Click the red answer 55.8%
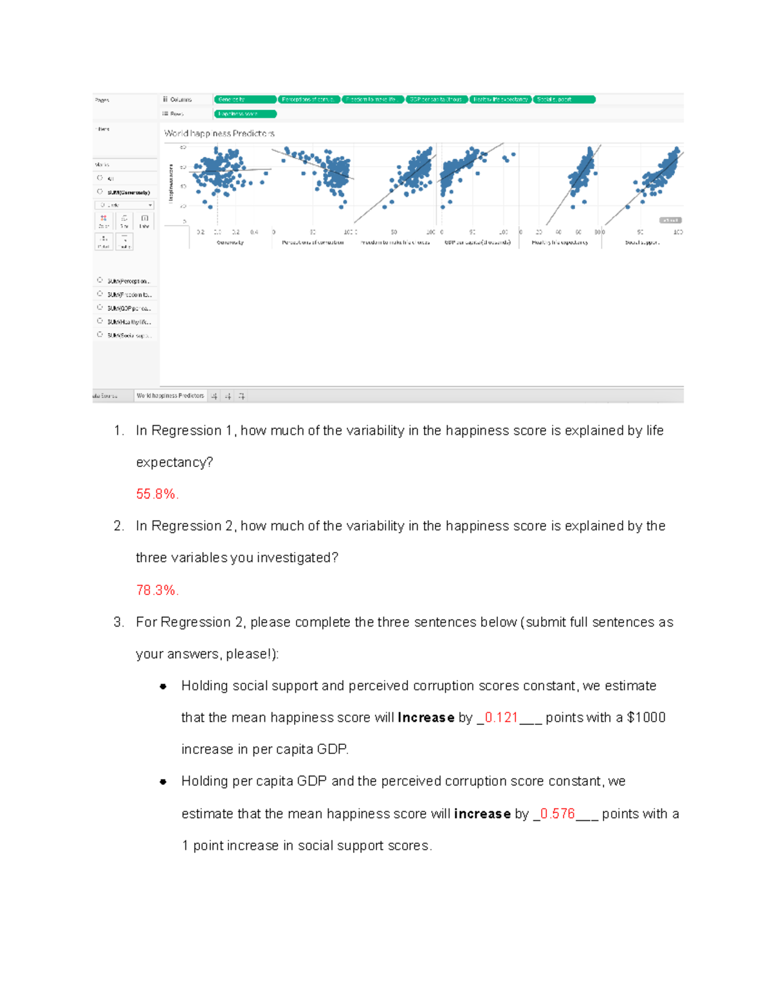156,494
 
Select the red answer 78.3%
156,590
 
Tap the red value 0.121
501,717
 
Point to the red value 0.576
557,814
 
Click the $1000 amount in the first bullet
646,717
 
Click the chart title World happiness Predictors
219,133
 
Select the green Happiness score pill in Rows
245,114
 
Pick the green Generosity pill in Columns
245,99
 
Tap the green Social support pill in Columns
564,99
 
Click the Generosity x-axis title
230,243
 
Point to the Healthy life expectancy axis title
560,243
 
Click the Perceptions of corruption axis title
313,243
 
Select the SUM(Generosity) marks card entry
128,192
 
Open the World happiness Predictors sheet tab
170,396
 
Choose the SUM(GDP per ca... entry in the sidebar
129,308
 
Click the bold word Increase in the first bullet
426,717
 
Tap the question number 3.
118,622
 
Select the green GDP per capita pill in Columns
437,99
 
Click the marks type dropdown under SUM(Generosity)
125,205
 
